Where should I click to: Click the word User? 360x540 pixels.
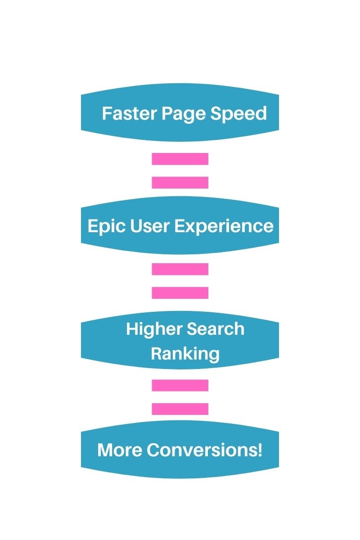pyautogui.click(x=144, y=226)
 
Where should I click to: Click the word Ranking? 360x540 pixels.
pyautogui.click(x=184, y=354)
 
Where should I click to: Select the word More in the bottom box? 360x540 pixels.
pyautogui.click(x=118, y=450)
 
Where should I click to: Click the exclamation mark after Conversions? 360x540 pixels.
pyautogui.click(x=260, y=450)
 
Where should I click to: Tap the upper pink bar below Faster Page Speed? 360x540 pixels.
pyautogui.click(x=180, y=159)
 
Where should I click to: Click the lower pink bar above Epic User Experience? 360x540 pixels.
pyautogui.click(x=180, y=182)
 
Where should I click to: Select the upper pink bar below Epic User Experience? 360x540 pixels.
pyautogui.click(x=180, y=269)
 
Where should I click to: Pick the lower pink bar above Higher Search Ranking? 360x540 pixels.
pyautogui.click(x=180, y=292)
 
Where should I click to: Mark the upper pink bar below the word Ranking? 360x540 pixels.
pyautogui.click(x=180, y=385)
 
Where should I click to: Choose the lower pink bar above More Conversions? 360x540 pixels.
pyautogui.click(x=180, y=409)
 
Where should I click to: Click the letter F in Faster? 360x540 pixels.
pyautogui.click(x=107, y=113)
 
